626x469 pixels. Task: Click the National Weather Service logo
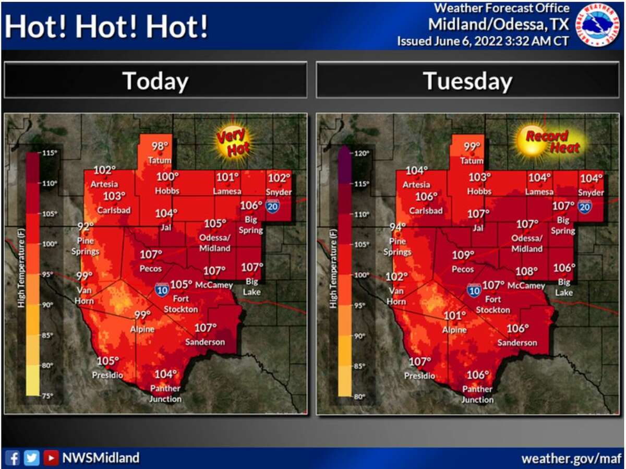point(598,25)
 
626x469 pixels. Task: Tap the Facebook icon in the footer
point(14,458)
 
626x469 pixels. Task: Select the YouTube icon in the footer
point(51,458)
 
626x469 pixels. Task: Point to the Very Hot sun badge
point(233,142)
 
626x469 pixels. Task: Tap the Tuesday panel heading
point(467,81)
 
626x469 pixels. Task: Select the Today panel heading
point(155,81)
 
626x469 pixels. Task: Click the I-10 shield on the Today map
point(162,290)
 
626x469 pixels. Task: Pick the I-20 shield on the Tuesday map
point(585,208)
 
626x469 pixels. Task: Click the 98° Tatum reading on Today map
point(160,147)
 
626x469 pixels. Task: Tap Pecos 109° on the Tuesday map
point(463,256)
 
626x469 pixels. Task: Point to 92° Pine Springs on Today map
point(85,226)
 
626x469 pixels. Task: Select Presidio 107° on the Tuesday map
point(419,362)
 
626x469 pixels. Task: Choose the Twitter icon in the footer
point(32,458)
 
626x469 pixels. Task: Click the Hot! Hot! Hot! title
point(106,27)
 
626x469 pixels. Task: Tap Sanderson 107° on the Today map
point(206,328)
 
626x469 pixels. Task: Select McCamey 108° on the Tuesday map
point(526,272)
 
